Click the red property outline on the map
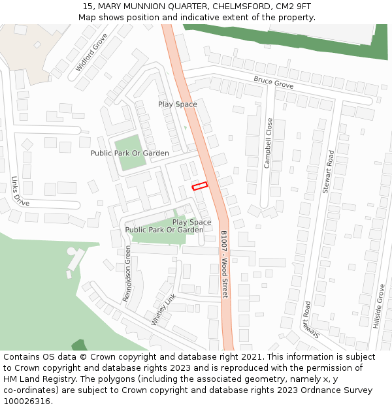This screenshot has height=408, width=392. click(199, 186)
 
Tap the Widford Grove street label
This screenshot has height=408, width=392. click(91, 52)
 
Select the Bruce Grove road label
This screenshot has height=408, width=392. click(273, 83)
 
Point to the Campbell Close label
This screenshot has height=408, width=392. click(268, 143)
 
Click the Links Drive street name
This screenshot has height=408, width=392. click(20, 191)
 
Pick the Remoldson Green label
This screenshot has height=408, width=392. click(127, 273)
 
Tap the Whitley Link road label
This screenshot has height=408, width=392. click(164, 309)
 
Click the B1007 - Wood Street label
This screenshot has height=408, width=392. click(224, 264)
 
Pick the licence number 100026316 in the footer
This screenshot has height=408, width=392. click(27, 401)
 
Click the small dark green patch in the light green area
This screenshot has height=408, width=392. click(79, 345)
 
